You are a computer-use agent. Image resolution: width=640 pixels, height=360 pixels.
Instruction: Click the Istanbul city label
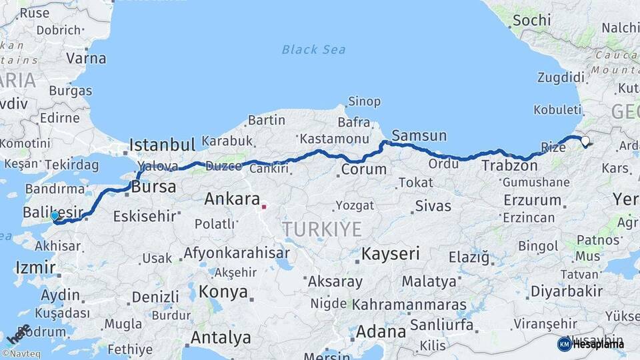click(162, 145)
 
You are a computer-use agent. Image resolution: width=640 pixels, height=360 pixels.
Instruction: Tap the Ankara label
click(231, 199)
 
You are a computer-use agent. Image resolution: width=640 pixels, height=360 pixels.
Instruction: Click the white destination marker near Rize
click(585, 141)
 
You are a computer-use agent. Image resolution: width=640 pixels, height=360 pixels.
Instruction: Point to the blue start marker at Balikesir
click(55, 216)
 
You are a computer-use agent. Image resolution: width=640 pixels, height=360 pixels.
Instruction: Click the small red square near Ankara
click(264, 207)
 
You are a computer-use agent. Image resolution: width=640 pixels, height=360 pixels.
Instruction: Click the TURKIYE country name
click(322, 229)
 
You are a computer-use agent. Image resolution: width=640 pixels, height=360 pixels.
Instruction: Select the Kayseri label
click(391, 253)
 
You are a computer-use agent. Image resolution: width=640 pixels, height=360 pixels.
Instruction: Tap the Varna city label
click(85, 58)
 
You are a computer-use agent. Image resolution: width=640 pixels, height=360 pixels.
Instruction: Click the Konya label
click(223, 292)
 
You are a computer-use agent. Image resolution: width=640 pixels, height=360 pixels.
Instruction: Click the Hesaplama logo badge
click(591, 344)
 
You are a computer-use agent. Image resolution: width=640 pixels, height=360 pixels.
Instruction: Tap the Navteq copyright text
click(23, 353)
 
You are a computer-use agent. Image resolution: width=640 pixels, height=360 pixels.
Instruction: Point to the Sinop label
click(363, 101)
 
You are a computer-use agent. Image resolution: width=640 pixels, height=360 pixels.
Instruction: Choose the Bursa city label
click(153, 188)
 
